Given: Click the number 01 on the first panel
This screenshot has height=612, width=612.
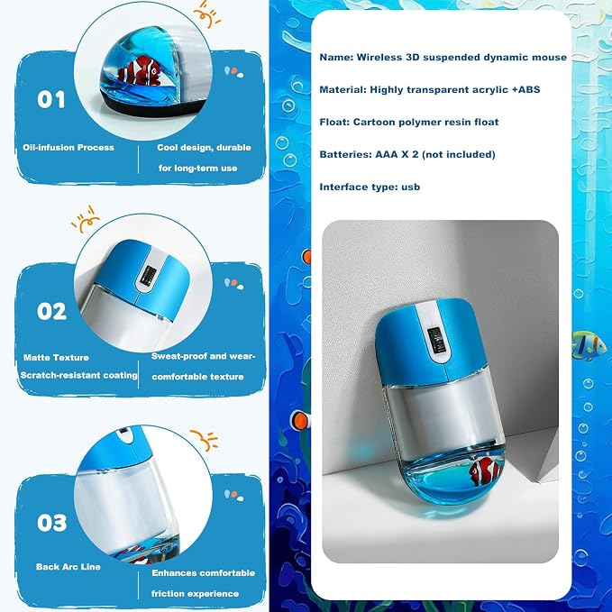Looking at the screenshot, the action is pyautogui.click(x=51, y=100).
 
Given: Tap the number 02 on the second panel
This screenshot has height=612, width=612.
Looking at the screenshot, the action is pyautogui.click(x=52, y=312).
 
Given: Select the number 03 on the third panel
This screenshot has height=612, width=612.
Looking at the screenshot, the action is pyautogui.click(x=52, y=523).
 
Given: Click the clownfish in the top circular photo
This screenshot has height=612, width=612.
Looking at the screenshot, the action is pyautogui.click(x=140, y=70).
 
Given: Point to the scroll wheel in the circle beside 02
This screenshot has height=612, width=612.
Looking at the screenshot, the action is pyautogui.click(x=147, y=276).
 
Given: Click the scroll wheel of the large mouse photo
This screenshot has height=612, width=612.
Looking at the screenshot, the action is pyautogui.click(x=435, y=340).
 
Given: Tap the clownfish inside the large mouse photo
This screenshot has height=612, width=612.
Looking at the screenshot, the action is pyautogui.click(x=484, y=470).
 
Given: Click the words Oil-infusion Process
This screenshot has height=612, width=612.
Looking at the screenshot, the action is pyautogui.click(x=69, y=148).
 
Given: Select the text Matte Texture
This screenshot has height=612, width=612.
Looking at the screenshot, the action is pyautogui.click(x=56, y=358).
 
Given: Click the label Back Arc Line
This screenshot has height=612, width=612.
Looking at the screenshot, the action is pyautogui.click(x=69, y=567).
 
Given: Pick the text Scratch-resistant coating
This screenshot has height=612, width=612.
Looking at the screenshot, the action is pyautogui.click(x=78, y=376).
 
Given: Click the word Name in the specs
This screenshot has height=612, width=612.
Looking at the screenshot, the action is pyautogui.click(x=336, y=58).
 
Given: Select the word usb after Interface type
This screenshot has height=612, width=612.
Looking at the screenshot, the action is pyautogui.click(x=411, y=187).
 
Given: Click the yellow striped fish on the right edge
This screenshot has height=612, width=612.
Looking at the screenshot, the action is pyautogui.click(x=589, y=345).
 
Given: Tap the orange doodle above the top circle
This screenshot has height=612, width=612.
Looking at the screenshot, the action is pyautogui.click(x=207, y=14).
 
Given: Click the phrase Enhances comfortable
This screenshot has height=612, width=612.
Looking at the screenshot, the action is pyautogui.click(x=204, y=573).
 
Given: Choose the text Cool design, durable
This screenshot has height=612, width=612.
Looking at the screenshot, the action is pyautogui.click(x=204, y=148).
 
